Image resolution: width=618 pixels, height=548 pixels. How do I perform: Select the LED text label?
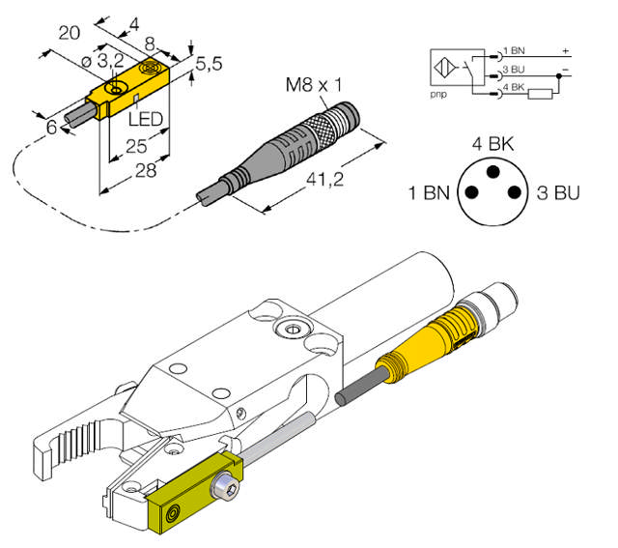(146, 120)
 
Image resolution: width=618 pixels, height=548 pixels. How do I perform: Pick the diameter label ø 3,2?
(100, 63)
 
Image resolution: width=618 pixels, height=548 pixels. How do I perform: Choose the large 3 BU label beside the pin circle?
(557, 191)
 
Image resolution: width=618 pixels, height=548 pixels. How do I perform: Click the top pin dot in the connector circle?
(491, 173)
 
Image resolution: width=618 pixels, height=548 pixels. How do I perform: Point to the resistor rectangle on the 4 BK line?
(543, 94)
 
